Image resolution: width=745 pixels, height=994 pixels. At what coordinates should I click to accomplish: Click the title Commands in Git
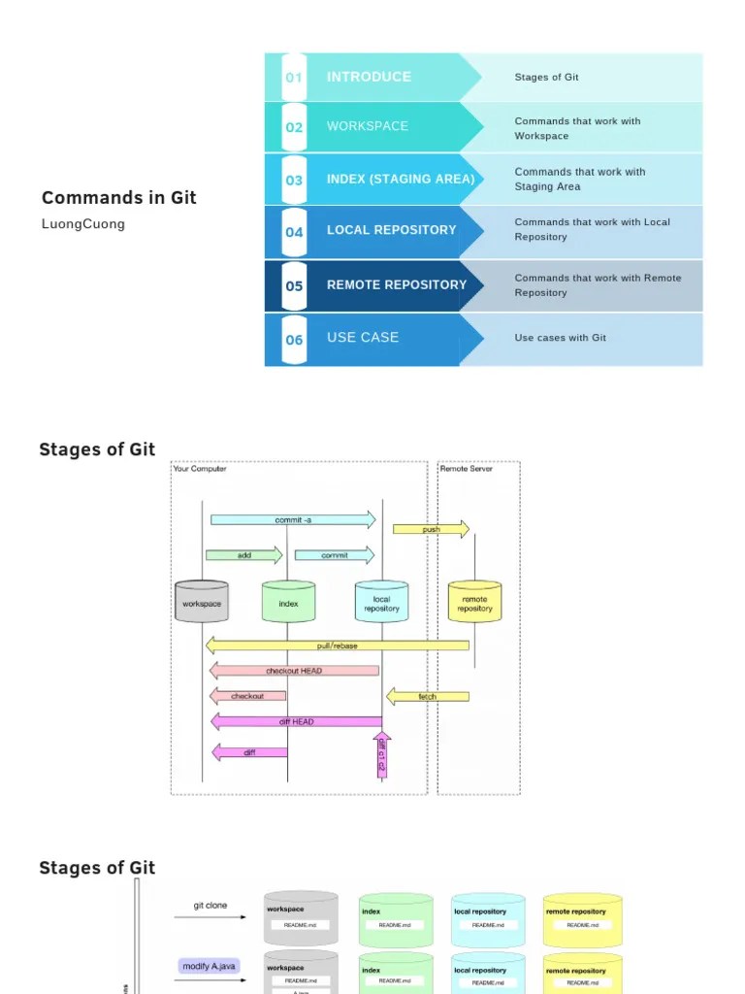pos(118,198)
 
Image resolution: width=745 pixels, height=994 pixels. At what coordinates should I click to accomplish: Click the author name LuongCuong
pos(83,224)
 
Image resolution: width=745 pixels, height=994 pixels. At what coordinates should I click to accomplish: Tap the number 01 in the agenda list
pos(294,78)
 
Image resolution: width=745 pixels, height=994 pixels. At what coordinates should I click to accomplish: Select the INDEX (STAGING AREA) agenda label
pos(401,179)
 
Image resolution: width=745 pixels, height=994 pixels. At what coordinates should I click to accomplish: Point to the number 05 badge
pos(294,286)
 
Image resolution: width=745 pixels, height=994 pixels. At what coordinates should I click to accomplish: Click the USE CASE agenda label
pos(363,338)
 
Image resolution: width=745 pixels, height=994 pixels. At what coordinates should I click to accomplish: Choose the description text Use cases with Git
pos(560,338)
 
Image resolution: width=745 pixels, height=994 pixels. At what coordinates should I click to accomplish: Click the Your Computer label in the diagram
pos(200,469)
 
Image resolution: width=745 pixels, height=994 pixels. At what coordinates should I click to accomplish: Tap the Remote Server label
pos(467,469)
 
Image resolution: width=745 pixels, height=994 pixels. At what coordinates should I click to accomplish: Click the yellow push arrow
pos(431,530)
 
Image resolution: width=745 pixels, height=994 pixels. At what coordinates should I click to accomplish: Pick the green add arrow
pos(243,555)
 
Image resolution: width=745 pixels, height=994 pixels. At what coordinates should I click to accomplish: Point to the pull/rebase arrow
pos(337,646)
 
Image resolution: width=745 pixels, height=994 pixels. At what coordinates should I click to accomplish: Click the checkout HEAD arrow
pos(294,671)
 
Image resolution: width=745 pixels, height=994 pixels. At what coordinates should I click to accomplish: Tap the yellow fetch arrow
pos(427,696)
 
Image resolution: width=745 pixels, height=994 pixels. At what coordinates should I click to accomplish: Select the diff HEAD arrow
pos(296,721)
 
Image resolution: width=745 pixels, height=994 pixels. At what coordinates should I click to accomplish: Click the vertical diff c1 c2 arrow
pos(381,755)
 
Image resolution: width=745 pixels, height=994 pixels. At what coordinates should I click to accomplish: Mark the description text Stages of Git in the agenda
pos(546,78)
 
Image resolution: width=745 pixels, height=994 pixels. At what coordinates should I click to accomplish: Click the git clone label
pos(211,906)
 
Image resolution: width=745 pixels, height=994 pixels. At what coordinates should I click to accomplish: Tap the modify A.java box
pos(209,966)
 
